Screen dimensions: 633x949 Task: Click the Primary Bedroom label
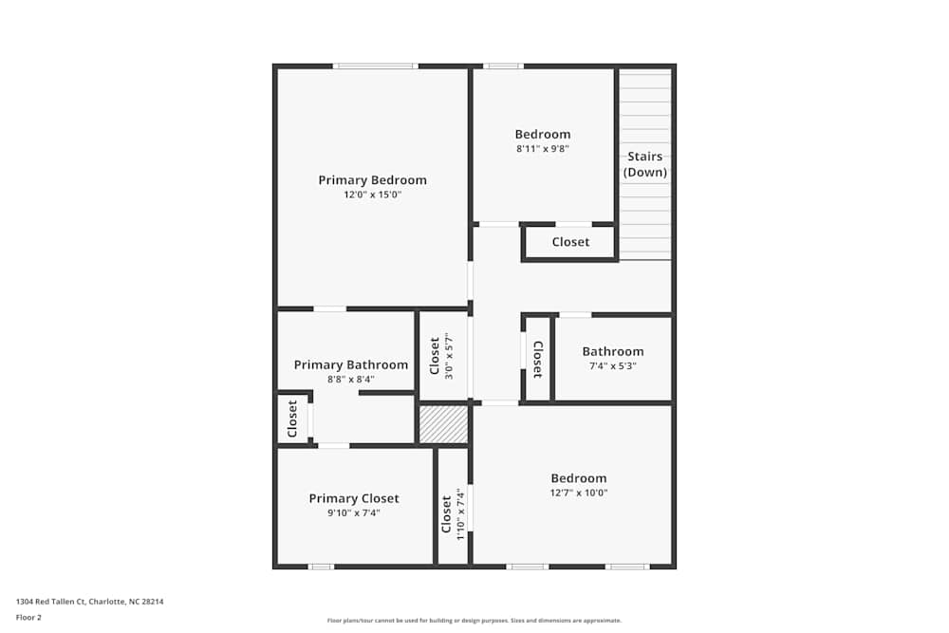click(372, 180)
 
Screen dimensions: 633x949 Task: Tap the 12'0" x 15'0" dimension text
click(372, 195)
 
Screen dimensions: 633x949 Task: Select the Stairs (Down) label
click(645, 164)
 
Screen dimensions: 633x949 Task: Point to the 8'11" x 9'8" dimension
click(543, 149)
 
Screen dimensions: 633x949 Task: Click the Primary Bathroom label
click(351, 364)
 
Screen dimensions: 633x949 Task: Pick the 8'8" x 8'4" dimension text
click(351, 380)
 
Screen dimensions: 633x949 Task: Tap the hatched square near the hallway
click(444, 424)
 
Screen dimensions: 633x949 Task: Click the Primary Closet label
click(354, 498)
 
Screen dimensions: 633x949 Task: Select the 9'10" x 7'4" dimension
click(354, 513)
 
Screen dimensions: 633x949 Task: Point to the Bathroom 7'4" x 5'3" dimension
click(613, 366)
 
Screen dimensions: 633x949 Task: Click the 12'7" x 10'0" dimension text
click(579, 493)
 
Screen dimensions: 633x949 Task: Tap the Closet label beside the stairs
click(570, 242)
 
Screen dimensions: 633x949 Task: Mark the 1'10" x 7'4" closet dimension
click(460, 514)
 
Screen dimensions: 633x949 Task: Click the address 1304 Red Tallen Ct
click(96, 601)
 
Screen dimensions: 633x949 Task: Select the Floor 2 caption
click(28, 617)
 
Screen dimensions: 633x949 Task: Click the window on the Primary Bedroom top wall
click(375, 65)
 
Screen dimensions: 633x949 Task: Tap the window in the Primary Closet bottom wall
click(321, 567)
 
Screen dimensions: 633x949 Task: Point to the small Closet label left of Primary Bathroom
click(292, 418)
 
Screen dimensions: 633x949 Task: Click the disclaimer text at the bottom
click(474, 621)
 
